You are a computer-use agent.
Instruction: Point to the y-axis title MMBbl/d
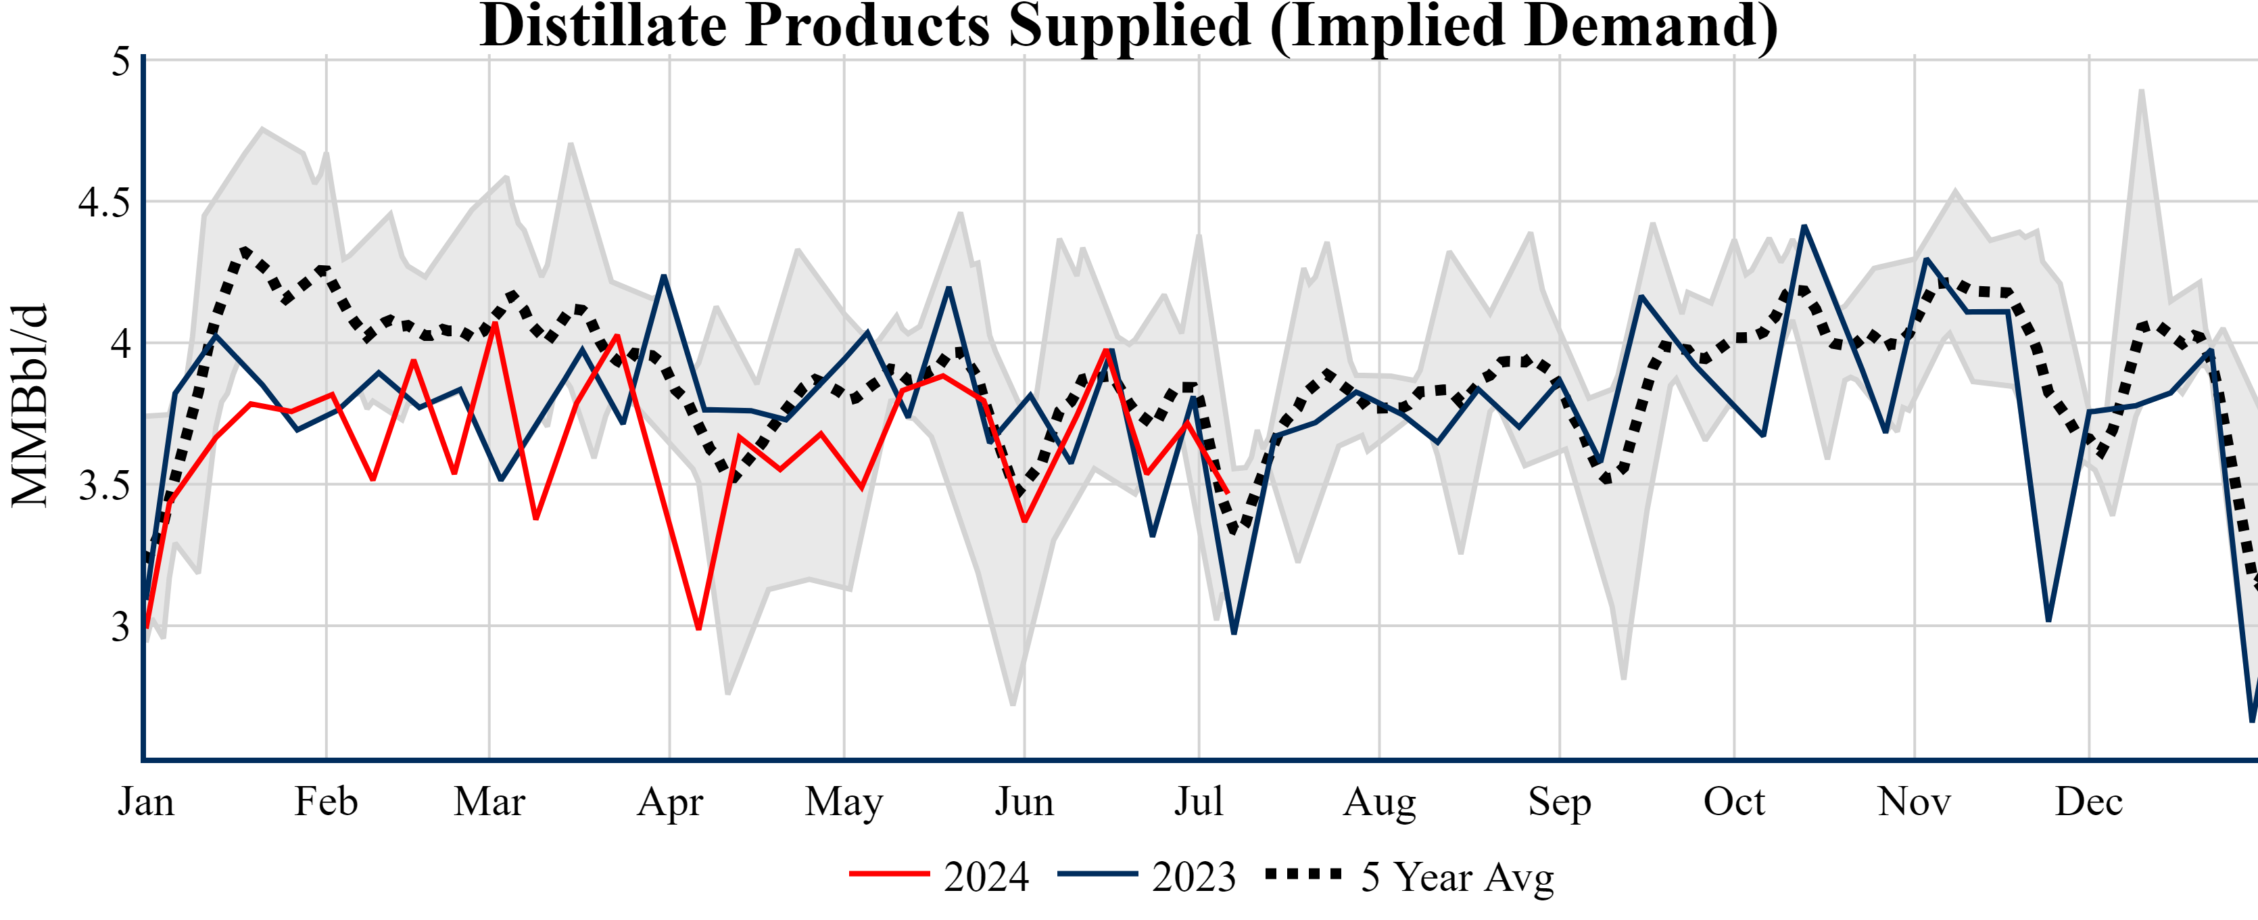(x=30, y=405)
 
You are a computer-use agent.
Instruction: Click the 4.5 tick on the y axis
(x=103, y=202)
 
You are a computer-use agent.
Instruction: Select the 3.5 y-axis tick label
(x=103, y=485)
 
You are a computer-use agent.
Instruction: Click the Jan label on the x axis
(x=145, y=802)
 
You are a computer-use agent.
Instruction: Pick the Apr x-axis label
(x=670, y=802)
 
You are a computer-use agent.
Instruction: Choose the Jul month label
(x=1198, y=802)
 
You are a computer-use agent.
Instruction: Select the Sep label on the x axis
(x=1560, y=802)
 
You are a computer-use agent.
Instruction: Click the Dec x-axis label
(x=2089, y=802)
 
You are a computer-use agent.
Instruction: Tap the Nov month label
(x=1915, y=802)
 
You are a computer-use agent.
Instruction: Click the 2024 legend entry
(x=940, y=876)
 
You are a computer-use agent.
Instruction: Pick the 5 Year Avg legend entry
(x=1410, y=876)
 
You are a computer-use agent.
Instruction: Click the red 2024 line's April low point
(x=698, y=628)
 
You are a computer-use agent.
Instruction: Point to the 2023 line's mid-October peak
(x=1804, y=227)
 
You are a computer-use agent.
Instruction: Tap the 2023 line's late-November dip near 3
(x=2048, y=620)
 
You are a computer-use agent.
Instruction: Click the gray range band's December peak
(x=2142, y=91)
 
